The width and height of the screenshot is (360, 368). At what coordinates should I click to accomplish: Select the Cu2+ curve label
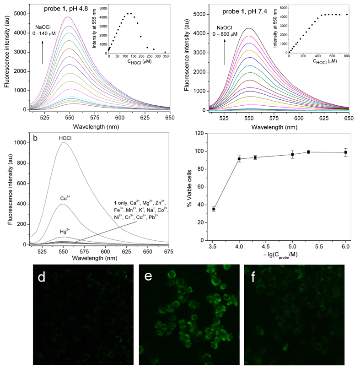64,199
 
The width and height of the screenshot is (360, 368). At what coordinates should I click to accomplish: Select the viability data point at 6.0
346,152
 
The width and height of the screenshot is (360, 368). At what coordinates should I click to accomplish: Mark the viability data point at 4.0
239,159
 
